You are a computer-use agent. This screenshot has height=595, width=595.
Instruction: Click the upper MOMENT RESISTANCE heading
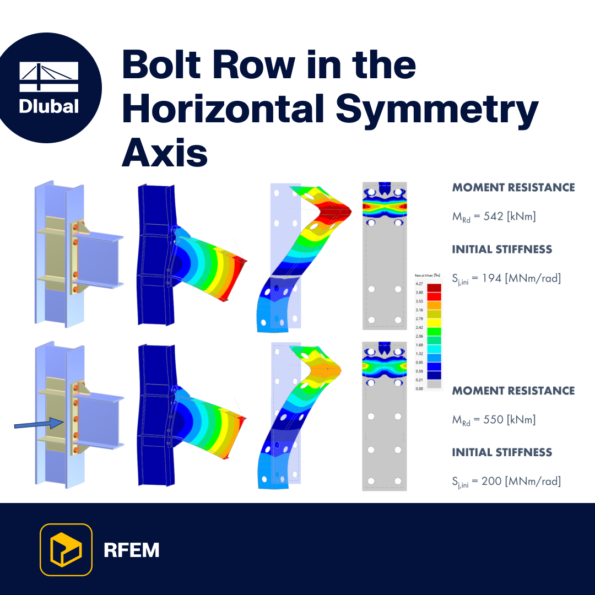coord(513,187)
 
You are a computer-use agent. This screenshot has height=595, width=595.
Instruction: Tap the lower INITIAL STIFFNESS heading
coord(502,452)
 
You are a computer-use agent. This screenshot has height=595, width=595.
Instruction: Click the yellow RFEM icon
coord(66,549)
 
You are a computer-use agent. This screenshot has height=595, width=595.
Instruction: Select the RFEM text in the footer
coord(131,550)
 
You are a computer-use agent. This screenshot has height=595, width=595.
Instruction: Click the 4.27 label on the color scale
coord(419,284)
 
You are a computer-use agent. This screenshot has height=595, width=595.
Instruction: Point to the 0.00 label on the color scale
coord(419,388)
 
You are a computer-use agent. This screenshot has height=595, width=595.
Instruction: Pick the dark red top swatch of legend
coord(434,288)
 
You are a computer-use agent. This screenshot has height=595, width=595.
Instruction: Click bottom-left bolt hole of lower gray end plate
coord(371,480)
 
